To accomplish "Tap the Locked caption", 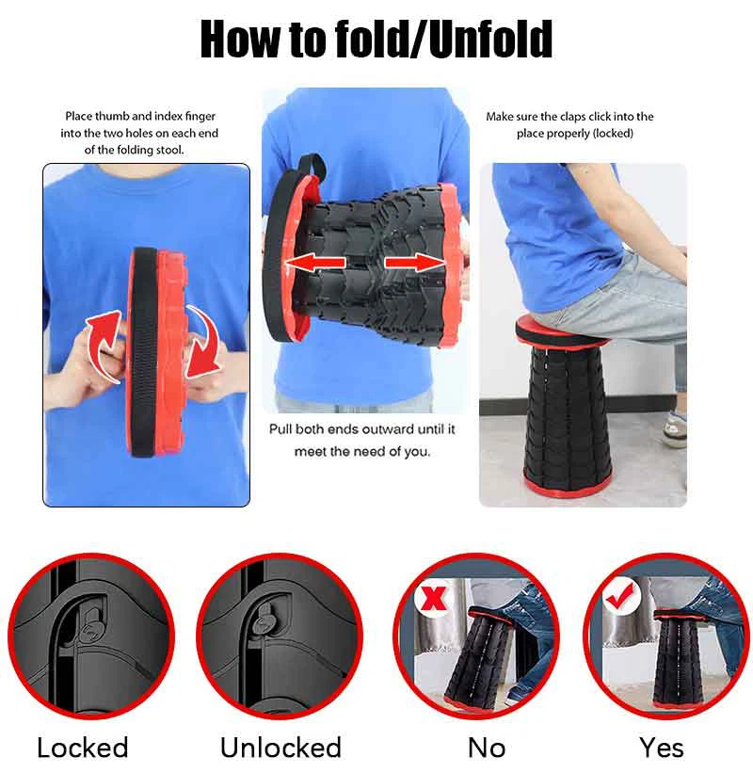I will (82, 748).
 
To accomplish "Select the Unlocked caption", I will (280, 748).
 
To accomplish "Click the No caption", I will (487, 748).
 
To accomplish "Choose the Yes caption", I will (662, 748).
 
